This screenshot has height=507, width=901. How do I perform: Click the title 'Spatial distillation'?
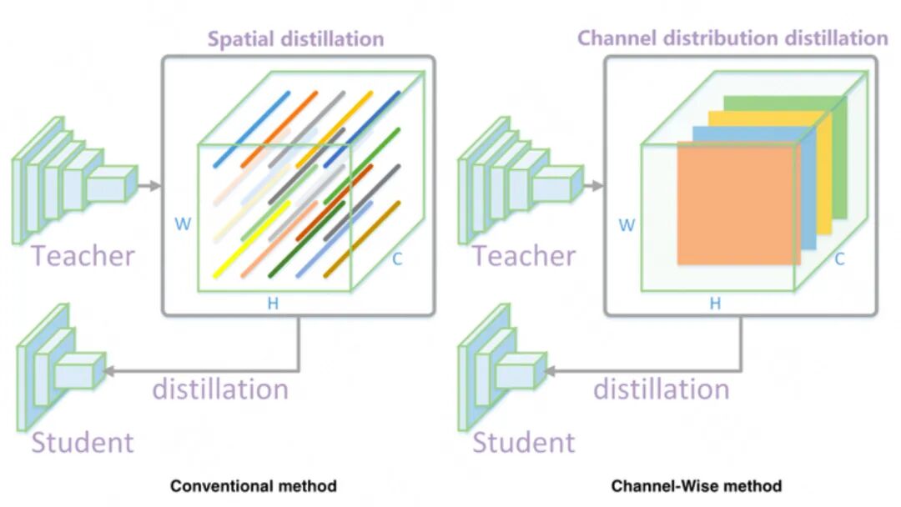click(x=295, y=38)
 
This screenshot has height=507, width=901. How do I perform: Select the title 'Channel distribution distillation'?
click(x=732, y=38)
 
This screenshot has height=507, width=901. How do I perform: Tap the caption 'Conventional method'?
click(x=254, y=485)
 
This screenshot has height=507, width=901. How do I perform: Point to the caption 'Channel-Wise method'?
click(x=697, y=485)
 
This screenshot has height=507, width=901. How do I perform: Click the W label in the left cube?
click(x=182, y=223)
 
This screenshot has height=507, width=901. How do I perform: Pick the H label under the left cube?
click(x=273, y=304)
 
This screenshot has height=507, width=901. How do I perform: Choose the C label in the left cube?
click(x=397, y=259)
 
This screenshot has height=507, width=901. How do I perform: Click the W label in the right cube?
click(x=626, y=224)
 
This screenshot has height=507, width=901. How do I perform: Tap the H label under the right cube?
click(x=715, y=304)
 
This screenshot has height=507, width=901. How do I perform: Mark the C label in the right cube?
click(x=839, y=259)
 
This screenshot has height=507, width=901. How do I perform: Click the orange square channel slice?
click(x=734, y=204)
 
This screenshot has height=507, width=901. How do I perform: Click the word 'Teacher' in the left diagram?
click(x=83, y=255)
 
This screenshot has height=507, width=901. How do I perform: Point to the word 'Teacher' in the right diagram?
click(x=524, y=255)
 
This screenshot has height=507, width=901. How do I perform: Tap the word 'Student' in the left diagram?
click(x=83, y=441)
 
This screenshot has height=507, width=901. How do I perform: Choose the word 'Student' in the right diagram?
click(x=524, y=441)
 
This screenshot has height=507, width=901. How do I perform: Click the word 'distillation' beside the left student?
click(x=220, y=389)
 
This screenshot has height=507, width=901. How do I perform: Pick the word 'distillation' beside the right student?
click(x=661, y=389)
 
